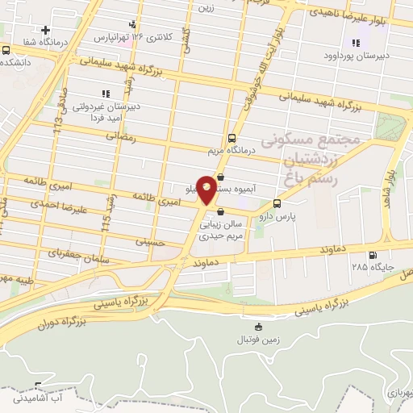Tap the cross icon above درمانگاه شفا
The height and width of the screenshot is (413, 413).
point(48,30)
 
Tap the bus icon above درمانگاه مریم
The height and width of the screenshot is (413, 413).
point(232,137)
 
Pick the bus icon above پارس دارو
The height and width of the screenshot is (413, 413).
point(277,203)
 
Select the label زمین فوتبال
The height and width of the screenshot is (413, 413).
point(258,340)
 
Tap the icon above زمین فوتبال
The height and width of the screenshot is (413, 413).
point(258,327)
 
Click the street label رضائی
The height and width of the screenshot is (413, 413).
point(129,139)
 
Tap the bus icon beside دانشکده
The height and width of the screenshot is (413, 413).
point(6,50)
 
